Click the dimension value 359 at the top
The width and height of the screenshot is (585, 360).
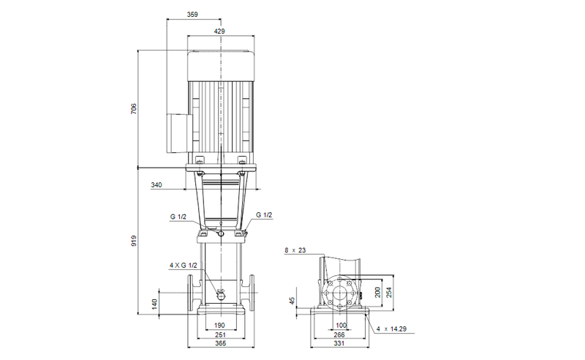192,14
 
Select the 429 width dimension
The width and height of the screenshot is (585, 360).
219,31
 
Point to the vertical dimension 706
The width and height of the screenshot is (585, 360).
134,109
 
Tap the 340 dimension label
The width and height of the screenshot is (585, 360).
156,186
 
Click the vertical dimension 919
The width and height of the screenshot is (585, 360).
134,242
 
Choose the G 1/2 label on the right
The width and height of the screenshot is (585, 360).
264,215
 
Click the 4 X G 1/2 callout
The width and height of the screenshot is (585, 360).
184,265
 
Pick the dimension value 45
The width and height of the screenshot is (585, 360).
293,301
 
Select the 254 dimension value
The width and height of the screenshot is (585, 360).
390,290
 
